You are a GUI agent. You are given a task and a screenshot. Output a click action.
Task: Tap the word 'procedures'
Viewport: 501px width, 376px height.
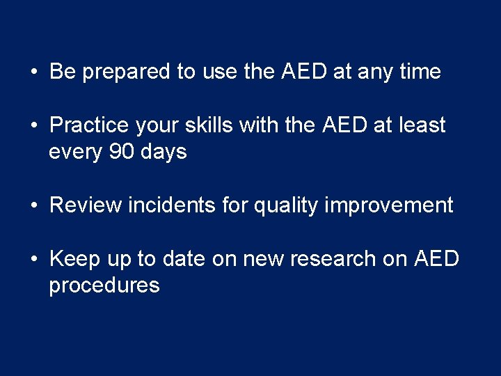click(x=104, y=285)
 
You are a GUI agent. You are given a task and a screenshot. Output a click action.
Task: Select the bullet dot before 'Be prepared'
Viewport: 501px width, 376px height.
click(x=34, y=72)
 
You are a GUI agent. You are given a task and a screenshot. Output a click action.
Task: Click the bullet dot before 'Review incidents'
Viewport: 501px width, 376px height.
click(x=34, y=206)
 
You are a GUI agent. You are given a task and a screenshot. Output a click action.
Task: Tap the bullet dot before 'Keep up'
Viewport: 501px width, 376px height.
click(x=34, y=260)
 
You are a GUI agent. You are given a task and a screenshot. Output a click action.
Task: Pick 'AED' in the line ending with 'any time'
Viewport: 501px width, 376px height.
click(x=303, y=72)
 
